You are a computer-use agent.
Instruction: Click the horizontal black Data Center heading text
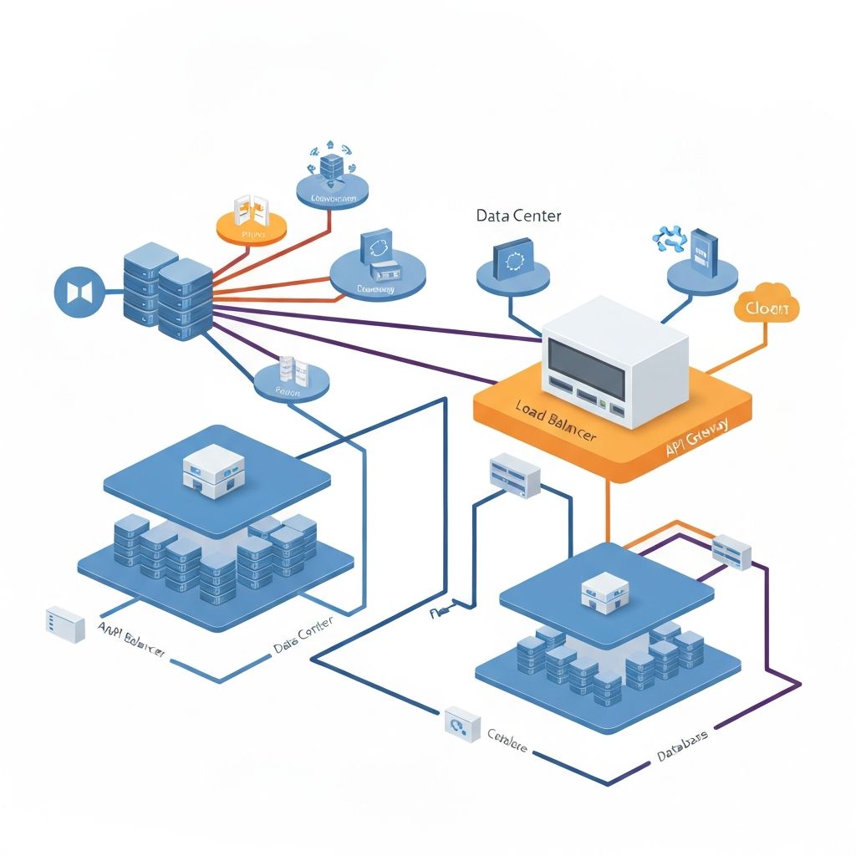(x=518, y=216)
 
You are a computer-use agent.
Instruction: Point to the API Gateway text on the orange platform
(x=695, y=437)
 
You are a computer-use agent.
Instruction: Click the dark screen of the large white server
(x=584, y=368)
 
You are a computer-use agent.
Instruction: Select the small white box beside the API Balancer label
(x=66, y=624)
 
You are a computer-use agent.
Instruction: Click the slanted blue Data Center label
(x=303, y=635)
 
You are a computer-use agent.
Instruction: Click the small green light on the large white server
(x=601, y=405)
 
